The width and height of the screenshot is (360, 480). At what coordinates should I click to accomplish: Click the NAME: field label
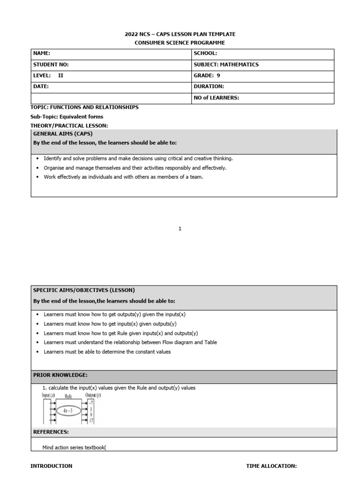pos(42,54)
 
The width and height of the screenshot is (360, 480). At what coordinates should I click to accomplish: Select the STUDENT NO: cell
pos(51,65)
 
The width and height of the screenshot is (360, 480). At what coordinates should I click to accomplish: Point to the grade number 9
pos(218,75)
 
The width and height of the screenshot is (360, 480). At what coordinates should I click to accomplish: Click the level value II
pos(60,75)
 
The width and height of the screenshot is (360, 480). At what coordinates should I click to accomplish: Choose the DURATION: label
pos(209,86)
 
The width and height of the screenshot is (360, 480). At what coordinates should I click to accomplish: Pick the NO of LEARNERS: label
pos(216,97)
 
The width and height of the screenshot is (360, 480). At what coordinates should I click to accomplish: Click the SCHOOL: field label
pos(205,54)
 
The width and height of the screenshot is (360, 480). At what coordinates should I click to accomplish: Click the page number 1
pos(180,229)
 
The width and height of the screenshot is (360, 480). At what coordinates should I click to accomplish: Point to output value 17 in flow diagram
pos(91,420)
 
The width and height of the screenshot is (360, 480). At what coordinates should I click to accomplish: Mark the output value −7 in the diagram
pos(91,403)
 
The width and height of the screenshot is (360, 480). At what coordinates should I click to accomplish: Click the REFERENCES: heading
pos(51,432)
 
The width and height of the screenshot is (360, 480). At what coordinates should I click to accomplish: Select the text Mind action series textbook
pos(74,447)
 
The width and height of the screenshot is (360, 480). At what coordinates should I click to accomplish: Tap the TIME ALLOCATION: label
pos(271,466)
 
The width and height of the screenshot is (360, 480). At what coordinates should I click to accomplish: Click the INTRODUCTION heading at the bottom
pos(51,466)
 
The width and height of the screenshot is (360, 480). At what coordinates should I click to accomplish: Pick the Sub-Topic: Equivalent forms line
pos(67,117)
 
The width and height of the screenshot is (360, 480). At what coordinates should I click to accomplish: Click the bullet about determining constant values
pos(107,352)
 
